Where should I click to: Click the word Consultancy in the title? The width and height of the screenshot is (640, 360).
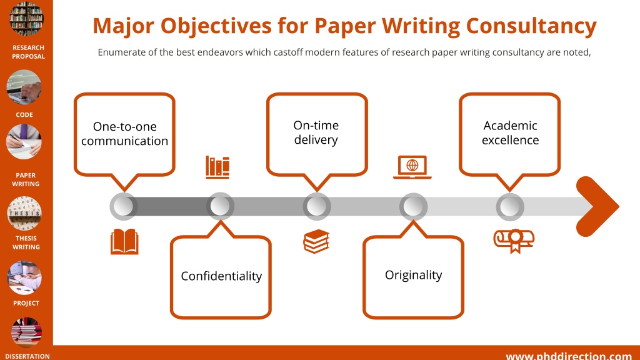click(x=531, y=26)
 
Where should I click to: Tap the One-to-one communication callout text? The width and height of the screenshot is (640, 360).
click(x=124, y=134)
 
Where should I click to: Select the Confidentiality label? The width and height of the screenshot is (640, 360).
click(x=221, y=276)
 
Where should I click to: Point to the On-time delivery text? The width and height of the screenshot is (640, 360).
click(x=316, y=132)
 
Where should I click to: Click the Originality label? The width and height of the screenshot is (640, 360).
click(x=414, y=275)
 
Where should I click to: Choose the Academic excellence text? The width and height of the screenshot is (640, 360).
click(x=510, y=132)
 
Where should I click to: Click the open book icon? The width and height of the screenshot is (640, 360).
click(x=124, y=242)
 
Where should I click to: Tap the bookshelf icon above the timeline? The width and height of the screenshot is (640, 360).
click(x=217, y=167)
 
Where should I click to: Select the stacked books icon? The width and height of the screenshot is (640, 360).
click(x=316, y=241)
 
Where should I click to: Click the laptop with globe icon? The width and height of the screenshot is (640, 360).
click(x=412, y=167)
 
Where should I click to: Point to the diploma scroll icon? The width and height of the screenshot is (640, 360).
click(x=514, y=241)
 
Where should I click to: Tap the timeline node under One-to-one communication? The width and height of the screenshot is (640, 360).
click(x=124, y=206)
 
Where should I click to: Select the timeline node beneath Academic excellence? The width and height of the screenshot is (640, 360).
click(x=510, y=206)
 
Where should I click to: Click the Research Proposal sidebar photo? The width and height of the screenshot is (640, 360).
click(x=26, y=18)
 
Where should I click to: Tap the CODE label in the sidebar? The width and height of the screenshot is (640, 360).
click(x=24, y=115)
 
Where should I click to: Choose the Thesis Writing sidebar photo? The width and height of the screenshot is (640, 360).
click(x=24, y=213)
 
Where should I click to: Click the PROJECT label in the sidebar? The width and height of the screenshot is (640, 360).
click(x=26, y=303)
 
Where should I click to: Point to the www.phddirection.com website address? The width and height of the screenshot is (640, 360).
click(x=569, y=356)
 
